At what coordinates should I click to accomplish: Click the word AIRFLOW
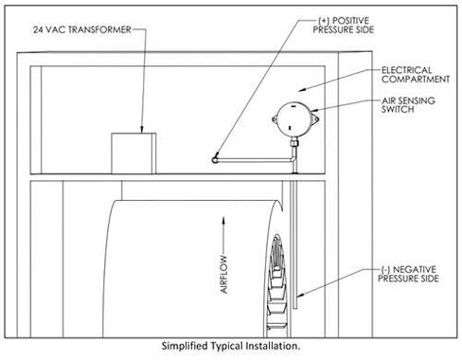pyautogui.click(x=224, y=276)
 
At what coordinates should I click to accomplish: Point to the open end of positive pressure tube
pyautogui.click(x=215, y=157)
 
